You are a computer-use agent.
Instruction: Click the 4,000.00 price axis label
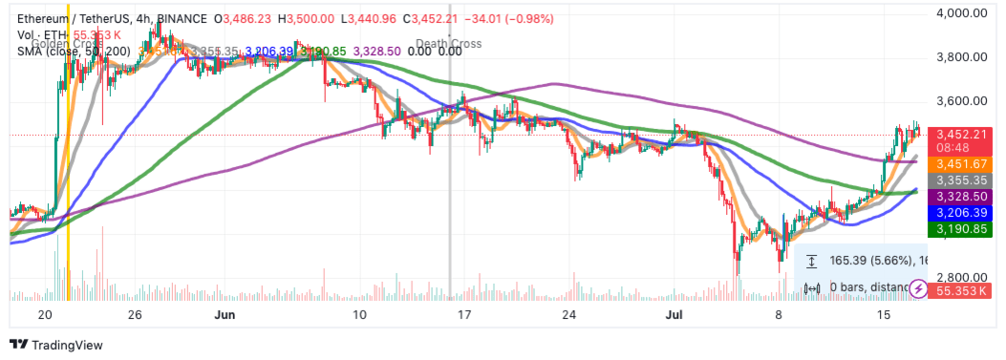(x=963, y=12)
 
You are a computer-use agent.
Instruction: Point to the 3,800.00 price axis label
(x=963, y=56)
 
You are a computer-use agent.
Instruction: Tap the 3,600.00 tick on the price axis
(x=963, y=100)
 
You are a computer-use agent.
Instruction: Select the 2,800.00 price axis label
(x=963, y=277)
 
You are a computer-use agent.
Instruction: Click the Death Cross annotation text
(x=449, y=43)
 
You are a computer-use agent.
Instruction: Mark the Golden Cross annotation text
(x=67, y=43)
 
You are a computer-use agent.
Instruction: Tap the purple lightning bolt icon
(x=918, y=287)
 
